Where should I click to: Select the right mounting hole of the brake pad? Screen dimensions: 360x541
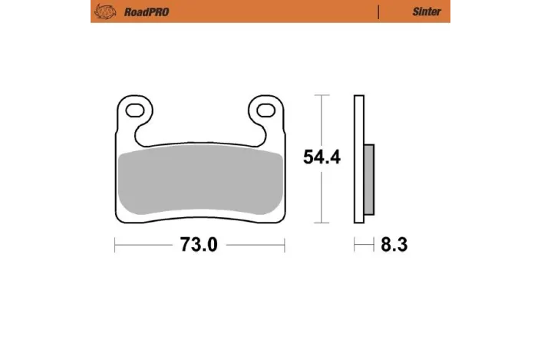[x=266, y=108]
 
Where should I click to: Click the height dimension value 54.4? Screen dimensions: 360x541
[x=322, y=158]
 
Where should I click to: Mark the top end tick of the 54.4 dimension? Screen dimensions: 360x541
[x=322, y=95]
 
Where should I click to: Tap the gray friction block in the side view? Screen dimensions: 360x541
[x=368, y=180]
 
